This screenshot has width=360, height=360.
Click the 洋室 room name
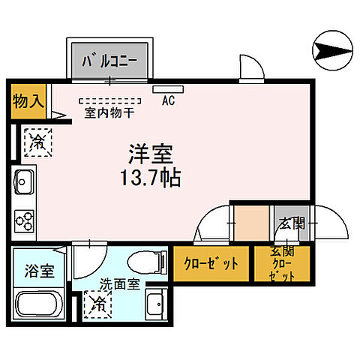[x=148, y=154]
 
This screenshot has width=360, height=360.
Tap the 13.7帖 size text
[x=148, y=179]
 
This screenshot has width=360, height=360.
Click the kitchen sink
[x=22, y=182]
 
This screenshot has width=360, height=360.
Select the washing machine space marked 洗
[x=98, y=304]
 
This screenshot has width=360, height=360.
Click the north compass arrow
[x=332, y=51]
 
